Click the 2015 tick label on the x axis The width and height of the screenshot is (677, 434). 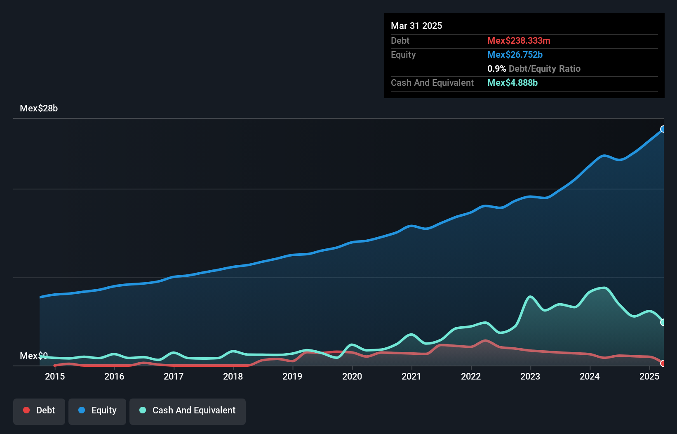[x=55, y=376]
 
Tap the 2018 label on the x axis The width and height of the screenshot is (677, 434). [x=233, y=376]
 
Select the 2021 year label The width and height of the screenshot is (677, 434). [x=411, y=376]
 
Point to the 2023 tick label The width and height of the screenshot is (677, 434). [x=530, y=376]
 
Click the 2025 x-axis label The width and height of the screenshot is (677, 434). [x=649, y=376]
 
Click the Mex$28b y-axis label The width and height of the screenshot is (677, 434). [x=39, y=108]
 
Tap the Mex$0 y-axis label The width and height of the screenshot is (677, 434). [x=34, y=356]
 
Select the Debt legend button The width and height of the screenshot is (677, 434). [x=39, y=410]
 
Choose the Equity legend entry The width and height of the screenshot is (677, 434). [x=97, y=410]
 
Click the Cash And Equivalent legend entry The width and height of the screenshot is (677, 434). [x=188, y=410]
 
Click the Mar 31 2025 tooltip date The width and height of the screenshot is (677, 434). [x=416, y=26]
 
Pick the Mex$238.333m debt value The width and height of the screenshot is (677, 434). [x=519, y=40]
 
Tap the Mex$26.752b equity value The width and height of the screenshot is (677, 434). [x=515, y=54]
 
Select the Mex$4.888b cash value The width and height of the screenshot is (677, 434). [x=512, y=83]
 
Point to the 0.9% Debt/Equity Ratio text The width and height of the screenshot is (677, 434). [x=534, y=68]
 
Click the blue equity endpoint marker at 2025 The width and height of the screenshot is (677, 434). [x=663, y=129]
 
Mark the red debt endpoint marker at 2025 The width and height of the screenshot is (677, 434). [x=663, y=363]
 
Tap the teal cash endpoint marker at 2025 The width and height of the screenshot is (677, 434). [x=663, y=322]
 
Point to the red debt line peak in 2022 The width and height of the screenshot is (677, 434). [x=486, y=341]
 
